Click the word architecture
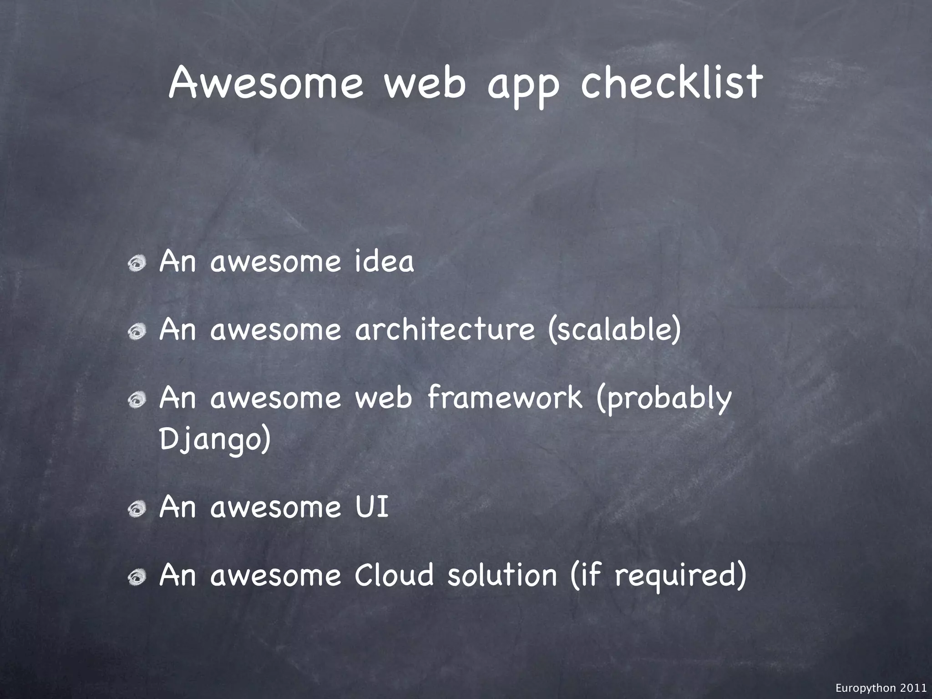(445, 329)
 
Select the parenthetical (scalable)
(614, 329)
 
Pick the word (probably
(664, 400)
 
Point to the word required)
(680, 576)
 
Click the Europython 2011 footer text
(881, 688)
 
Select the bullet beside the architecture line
(137, 332)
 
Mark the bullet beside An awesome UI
(137, 509)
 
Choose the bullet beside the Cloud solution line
(137, 577)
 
